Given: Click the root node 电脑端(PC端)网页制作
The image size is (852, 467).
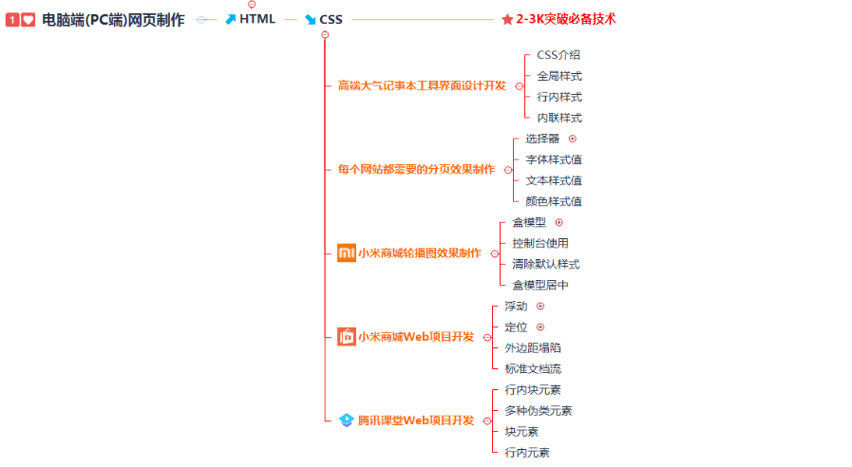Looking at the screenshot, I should (x=113, y=19).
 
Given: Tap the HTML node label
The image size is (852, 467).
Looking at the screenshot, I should (x=256, y=19).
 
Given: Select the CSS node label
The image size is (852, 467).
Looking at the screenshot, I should (x=331, y=19).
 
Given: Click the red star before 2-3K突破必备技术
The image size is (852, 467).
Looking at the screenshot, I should (x=507, y=19).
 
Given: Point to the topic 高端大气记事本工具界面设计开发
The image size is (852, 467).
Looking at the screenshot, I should (x=422, y=85).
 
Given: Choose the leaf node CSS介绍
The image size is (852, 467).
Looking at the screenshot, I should (x=559, y=55).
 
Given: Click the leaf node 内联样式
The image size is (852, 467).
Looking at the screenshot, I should (x=559, y=118).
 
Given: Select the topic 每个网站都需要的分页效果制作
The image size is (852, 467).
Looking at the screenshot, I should (x=416, y=169).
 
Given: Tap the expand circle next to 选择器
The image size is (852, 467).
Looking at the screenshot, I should (x=572, y=139).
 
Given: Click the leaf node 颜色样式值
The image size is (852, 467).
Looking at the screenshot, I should (x=554, y=201).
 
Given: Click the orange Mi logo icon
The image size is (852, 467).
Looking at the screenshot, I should (x=346, y=253).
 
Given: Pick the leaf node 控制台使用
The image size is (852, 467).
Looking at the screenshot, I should (x=540, y=243).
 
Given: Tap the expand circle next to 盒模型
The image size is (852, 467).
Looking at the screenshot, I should (x=559, y=222).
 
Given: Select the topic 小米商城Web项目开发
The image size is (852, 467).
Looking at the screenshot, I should (x=415, y=337).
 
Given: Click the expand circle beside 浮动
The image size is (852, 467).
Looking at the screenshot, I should (x=540, y=306).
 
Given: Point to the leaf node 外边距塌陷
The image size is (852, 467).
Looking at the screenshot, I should (x=533, y=347).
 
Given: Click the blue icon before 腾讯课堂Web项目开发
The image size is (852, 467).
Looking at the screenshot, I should (x=347, y=420).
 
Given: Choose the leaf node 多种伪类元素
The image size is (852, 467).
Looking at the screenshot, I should (x=539, y=410).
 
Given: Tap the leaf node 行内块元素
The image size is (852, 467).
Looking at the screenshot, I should (x=533, y=389).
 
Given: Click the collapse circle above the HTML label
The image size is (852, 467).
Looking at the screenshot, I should (x=252, y=4).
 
